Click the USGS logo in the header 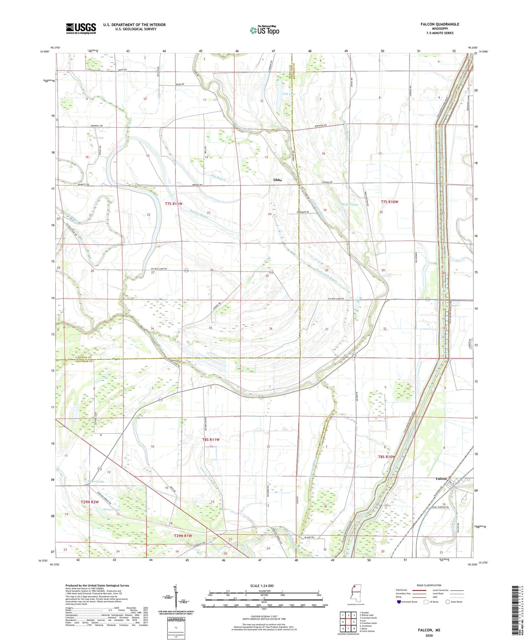click(81, 28)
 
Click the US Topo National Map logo click(264, 30)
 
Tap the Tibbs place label click(277, 180)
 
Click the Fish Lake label click(289, 94)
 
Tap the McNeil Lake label click(350, 205)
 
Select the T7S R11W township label click(174, 204)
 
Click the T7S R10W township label click(389, 202)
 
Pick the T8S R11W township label click(211, 439)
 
